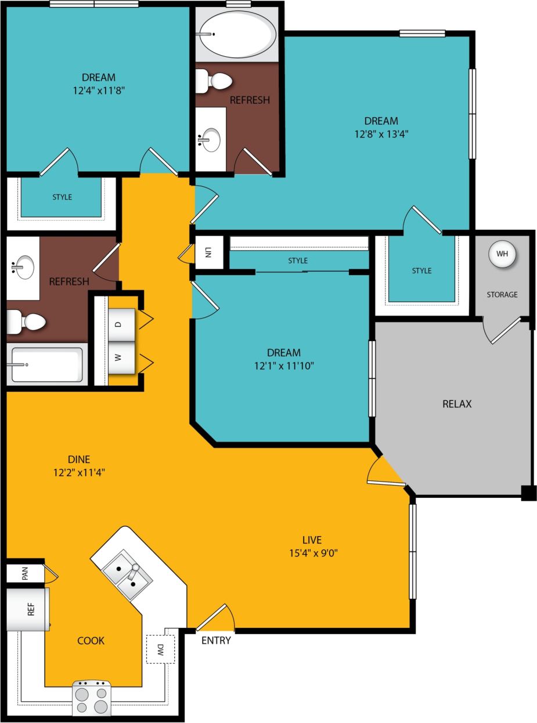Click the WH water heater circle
[502, 254]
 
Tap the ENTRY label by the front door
[216, 641]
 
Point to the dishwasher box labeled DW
[160, 649]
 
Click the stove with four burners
[92, 698]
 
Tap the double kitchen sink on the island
[127, 575]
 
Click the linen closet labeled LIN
[208, 252]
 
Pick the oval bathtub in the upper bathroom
[236, 34]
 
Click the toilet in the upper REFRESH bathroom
[212, 81]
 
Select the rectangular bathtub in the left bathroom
[46, 365]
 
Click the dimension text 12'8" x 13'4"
[381, 133]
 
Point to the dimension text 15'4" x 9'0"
[312, 553]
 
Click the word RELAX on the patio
[457, 404]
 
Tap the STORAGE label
[502, 295]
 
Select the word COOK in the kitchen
[91, 641]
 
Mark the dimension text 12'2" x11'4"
[79, 472]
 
